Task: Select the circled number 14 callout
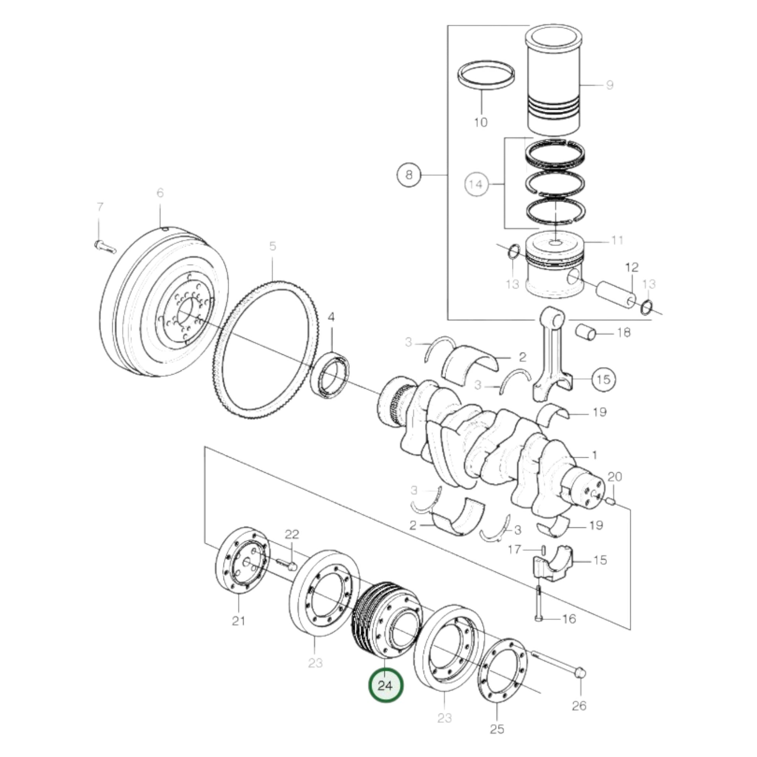click(x=476, y=184)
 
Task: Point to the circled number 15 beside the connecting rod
click(x=603, y=379)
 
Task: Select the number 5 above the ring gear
click(x=273, y=246)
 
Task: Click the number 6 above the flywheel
click(x=160, y=193)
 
